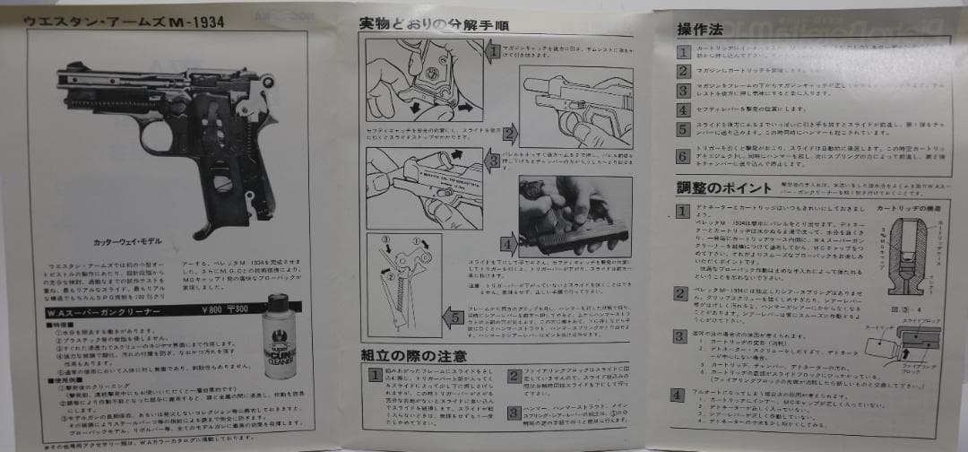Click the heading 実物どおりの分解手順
(428, 24)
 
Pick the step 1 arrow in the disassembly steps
(491, 52)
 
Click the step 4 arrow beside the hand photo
(508, 242)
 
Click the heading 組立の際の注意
(413, 356)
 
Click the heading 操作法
(701, 29)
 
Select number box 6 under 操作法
(683, 155)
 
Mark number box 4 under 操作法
(683, 109)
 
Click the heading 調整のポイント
(724, 189)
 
